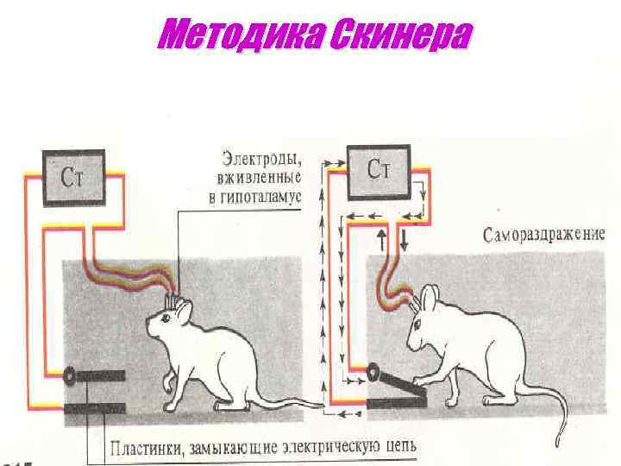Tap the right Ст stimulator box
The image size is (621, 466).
379,169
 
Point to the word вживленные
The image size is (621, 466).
260,179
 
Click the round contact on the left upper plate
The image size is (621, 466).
68,375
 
